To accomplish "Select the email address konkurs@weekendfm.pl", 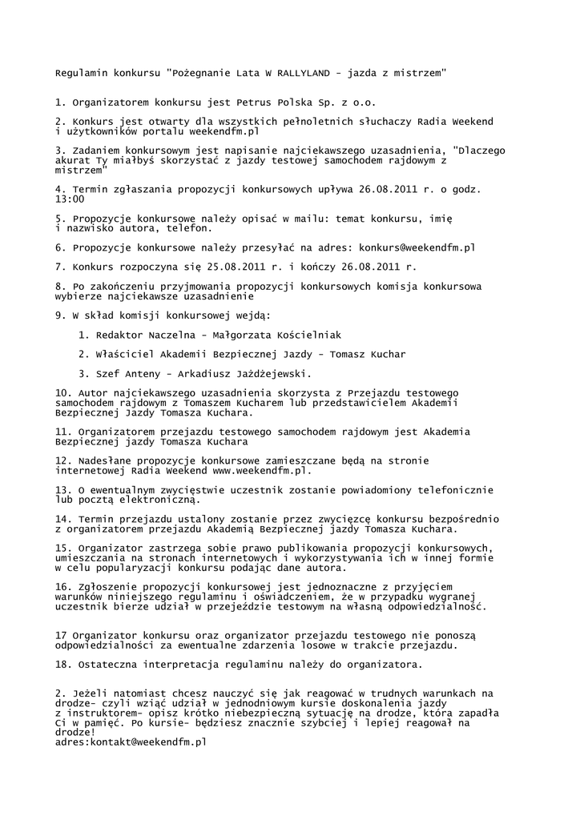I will [x=417, y=247].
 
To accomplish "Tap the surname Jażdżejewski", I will [x=265, y=373].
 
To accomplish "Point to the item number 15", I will [x=62, y=548].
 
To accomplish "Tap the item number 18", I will [x=62, y=665].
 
